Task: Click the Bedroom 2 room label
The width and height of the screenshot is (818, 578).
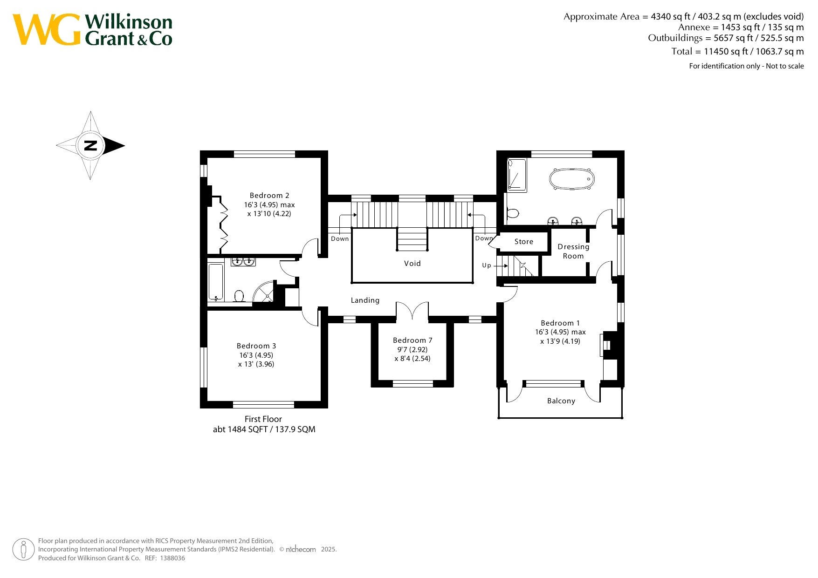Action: click(269, 196)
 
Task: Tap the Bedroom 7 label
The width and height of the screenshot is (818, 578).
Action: click(412, 340)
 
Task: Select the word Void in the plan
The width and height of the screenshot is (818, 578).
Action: click(412, 264)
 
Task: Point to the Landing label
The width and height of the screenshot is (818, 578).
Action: click(365, 300)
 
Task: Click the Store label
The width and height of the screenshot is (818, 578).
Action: click(524, 242)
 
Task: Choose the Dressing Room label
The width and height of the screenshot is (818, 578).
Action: click(573, 252)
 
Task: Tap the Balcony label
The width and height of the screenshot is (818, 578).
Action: click(561, 401)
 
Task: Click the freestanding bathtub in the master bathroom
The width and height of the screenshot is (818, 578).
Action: click(572, 179)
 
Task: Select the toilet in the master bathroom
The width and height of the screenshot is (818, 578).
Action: click(512, 213)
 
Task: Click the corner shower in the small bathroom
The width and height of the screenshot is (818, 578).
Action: click(265, 292)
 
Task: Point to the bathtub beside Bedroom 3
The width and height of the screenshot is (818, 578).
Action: click(216, 282)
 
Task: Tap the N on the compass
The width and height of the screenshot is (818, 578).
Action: click(90, 145)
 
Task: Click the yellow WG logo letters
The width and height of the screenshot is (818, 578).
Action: click(47, 30)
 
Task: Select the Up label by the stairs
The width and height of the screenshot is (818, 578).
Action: click(487, 265)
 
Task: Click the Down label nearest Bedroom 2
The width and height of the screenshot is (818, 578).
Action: click(340, 239)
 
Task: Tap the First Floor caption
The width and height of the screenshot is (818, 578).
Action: click(263, 419)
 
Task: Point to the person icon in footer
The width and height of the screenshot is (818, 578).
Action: click(23, 550)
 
